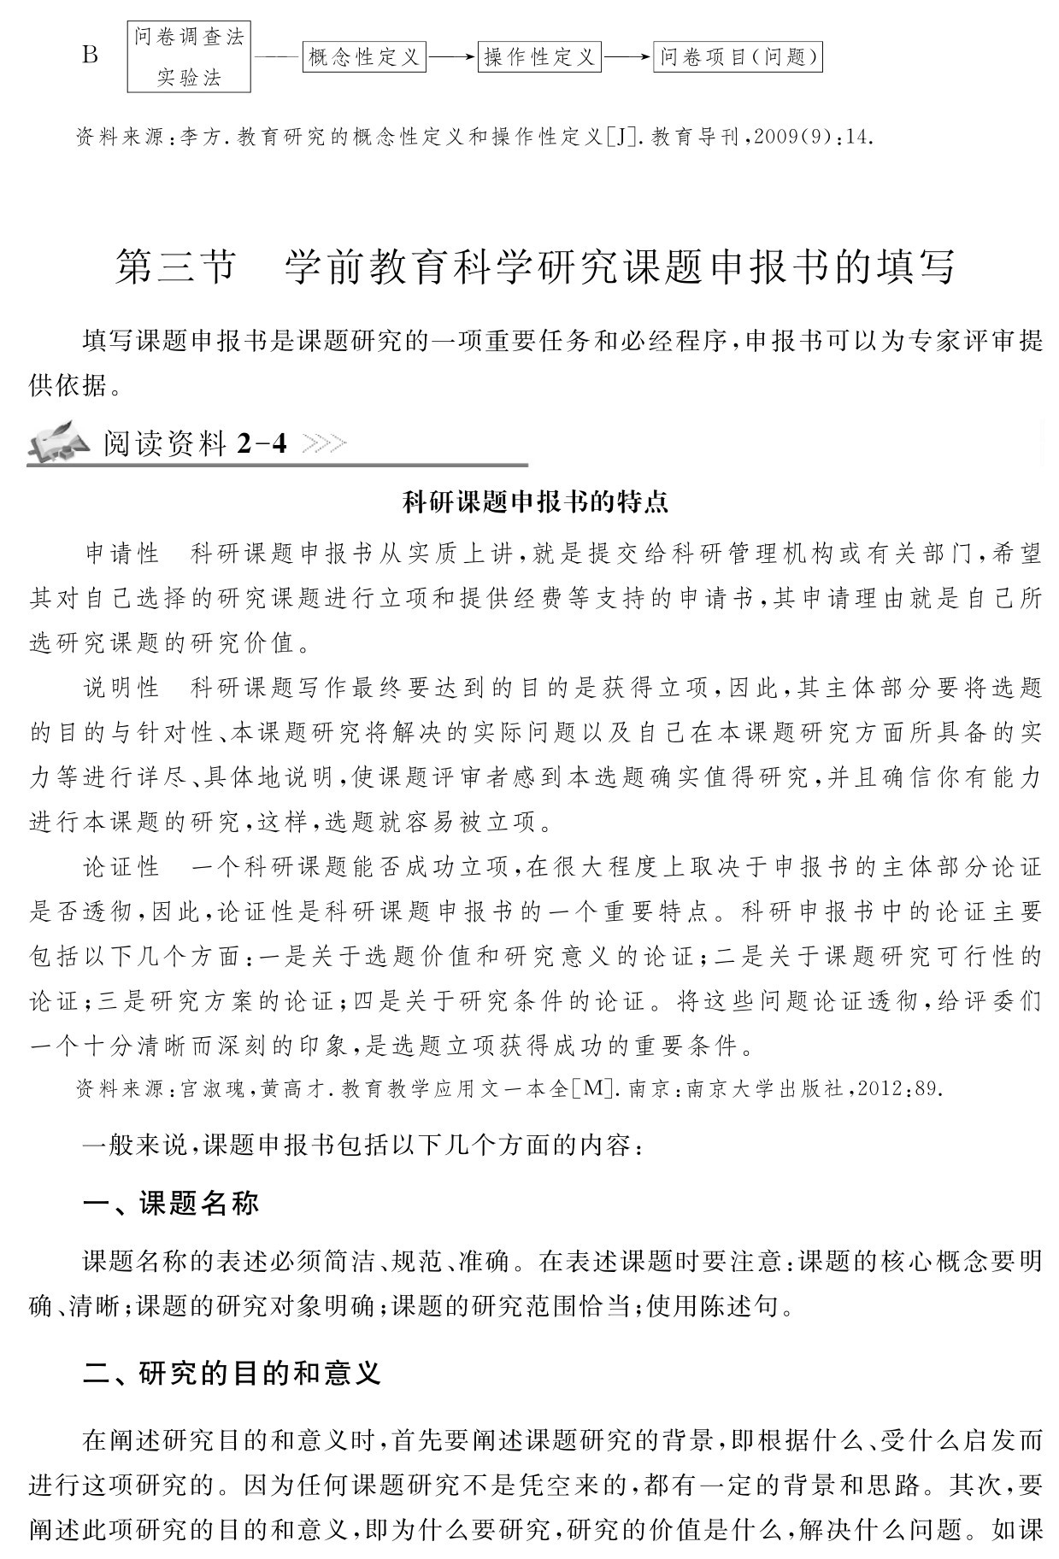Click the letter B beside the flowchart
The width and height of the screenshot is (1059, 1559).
point(91,56)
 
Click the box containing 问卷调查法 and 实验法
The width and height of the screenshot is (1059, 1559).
point(189,57)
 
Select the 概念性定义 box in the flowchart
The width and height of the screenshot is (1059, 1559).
point(364,57)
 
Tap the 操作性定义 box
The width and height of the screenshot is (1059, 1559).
point(539,57)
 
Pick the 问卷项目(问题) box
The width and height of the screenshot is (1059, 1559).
point(738,57)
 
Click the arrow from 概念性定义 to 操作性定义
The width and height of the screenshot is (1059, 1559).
point(451,57)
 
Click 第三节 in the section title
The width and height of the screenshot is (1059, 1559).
point(174,267)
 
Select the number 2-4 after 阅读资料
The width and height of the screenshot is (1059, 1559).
point(262,443)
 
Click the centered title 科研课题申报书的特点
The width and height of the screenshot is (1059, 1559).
point(535,502)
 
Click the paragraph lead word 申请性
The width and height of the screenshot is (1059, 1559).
point(122,554)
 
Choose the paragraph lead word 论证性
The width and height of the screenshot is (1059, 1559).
point(122,867)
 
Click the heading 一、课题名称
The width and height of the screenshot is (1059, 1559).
point(170,1204)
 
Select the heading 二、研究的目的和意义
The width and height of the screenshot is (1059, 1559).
point(232,1373)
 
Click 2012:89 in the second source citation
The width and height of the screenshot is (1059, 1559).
point(900,1088)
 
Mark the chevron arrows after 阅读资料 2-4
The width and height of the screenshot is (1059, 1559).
point(325,443)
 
